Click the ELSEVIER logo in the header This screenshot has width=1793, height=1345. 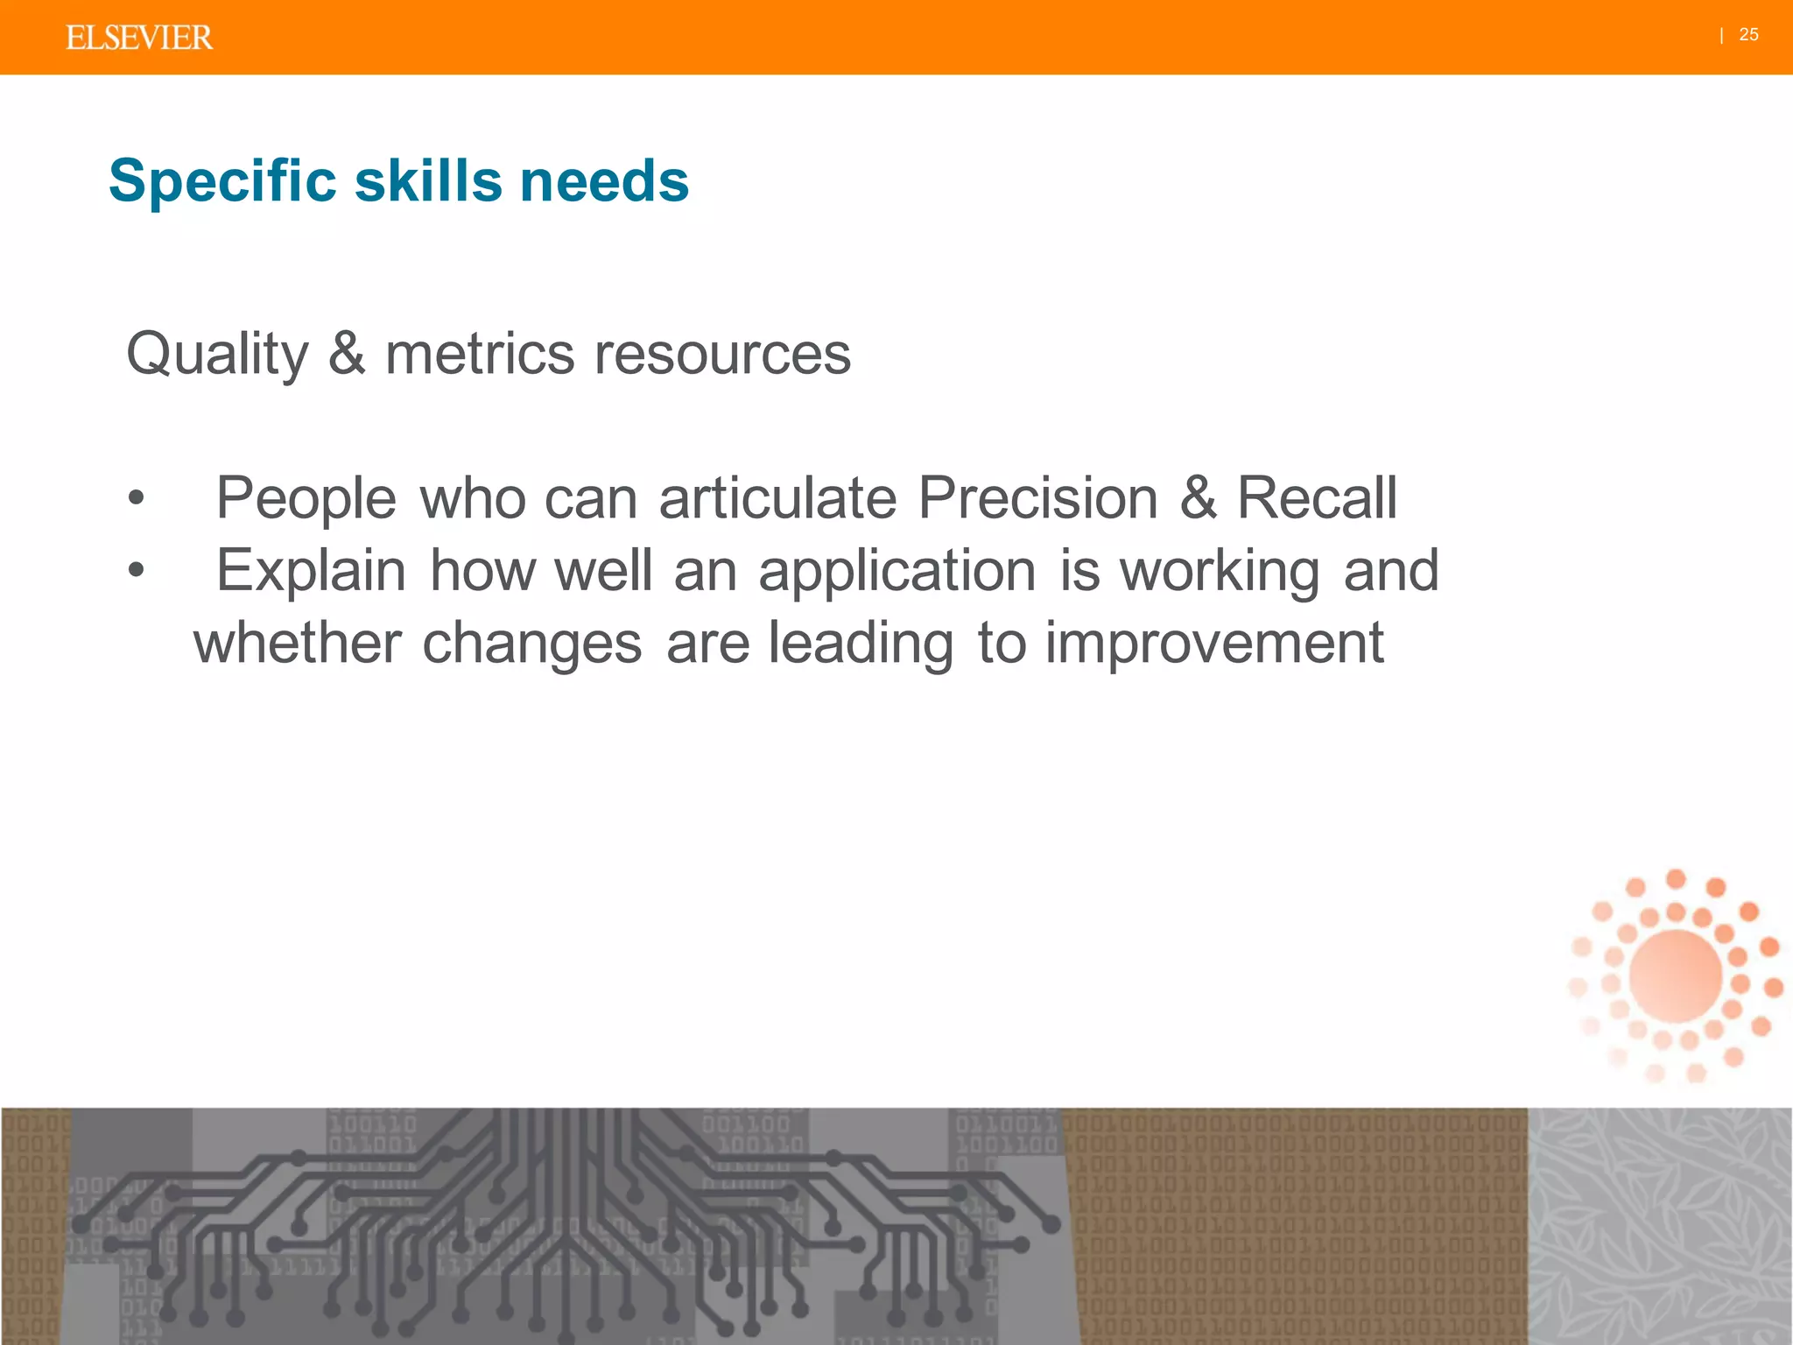tap(138, 38)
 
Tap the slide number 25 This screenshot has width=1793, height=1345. tap(1748, 35)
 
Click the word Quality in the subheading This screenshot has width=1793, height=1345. tap(217, 355)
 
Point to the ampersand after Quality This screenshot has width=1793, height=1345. tap(347, 354)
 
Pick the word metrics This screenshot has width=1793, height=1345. tap(480, 354)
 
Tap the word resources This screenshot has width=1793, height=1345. tap(722, 354)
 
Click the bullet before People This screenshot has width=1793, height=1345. tap(136, 497)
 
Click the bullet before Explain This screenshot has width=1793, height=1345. tap(136, 570)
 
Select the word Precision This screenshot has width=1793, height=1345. tap(1037, 497)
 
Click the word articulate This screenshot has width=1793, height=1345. tap(777, 497)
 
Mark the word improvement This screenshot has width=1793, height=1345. tap(1214, 643)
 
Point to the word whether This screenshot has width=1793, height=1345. tap(298, 643)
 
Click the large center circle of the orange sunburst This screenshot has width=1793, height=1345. tap(1676, 975)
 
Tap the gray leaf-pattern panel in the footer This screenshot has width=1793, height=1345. tap(1660, 1226)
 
